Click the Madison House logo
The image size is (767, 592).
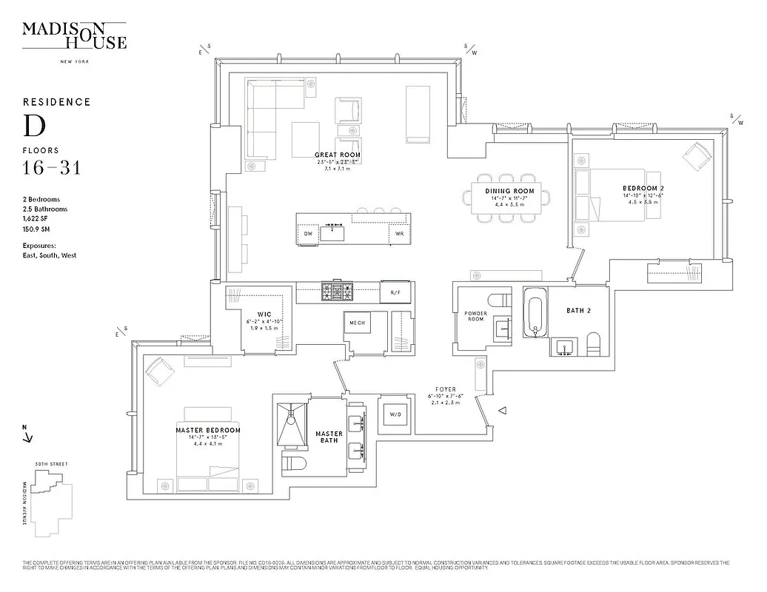tap(74, 36)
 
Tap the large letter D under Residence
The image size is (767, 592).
tap(34, 126)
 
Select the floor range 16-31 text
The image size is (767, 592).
tap(51, 167)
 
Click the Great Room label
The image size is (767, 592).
tap(337, 155)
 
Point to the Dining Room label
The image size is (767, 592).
tap(509, 192)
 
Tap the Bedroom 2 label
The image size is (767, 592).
tap(642, 189)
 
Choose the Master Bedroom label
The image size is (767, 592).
tap(208, 430)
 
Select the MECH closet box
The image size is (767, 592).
tap(357, 322)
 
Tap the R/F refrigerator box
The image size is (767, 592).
tap(395, 292)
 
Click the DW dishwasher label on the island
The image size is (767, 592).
tap(308, 234)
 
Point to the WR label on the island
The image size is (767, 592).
tap(398, 234)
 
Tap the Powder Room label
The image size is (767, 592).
tap(475, 315)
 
